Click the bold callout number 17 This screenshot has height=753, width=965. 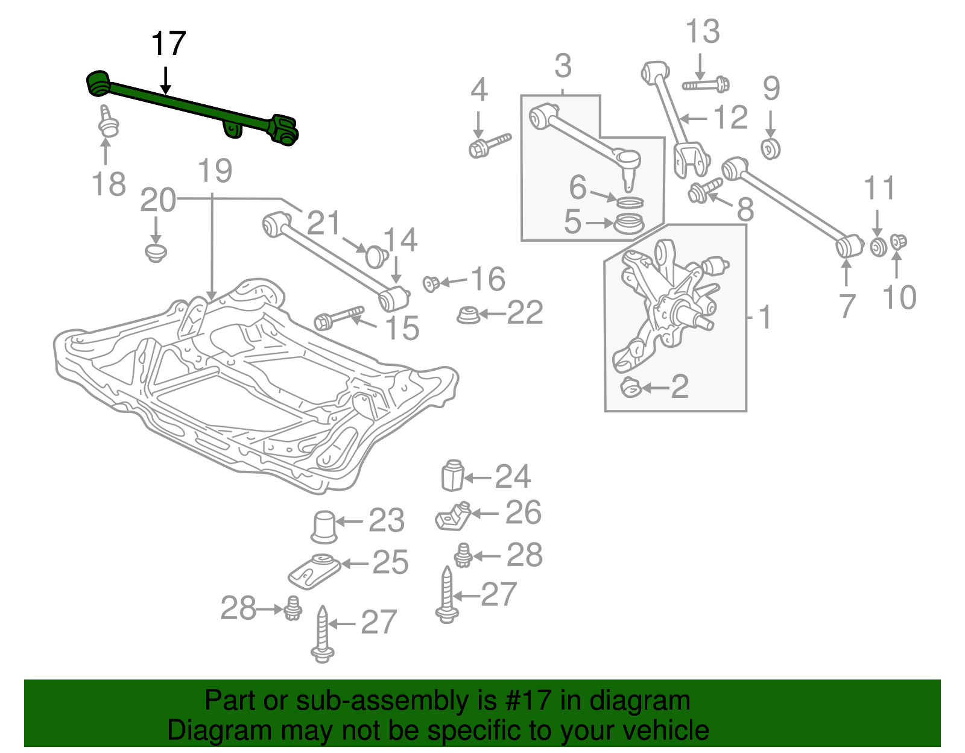tap(168, 44)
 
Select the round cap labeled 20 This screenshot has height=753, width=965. tap(156, 252)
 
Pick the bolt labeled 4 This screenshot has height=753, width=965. tap(489, 145)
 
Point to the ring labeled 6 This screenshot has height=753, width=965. tap(630, 201)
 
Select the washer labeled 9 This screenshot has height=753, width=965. tap(771, 148)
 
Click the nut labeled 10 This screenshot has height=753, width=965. tap(898, 242)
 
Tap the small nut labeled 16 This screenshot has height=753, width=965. tap(431, 283)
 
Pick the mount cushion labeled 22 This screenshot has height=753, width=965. tap(467, 315)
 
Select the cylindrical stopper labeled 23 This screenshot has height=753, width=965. tap(324, 526)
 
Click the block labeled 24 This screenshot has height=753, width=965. tap(452, 476)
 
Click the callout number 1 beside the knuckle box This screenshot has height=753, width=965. tap(765, 317)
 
